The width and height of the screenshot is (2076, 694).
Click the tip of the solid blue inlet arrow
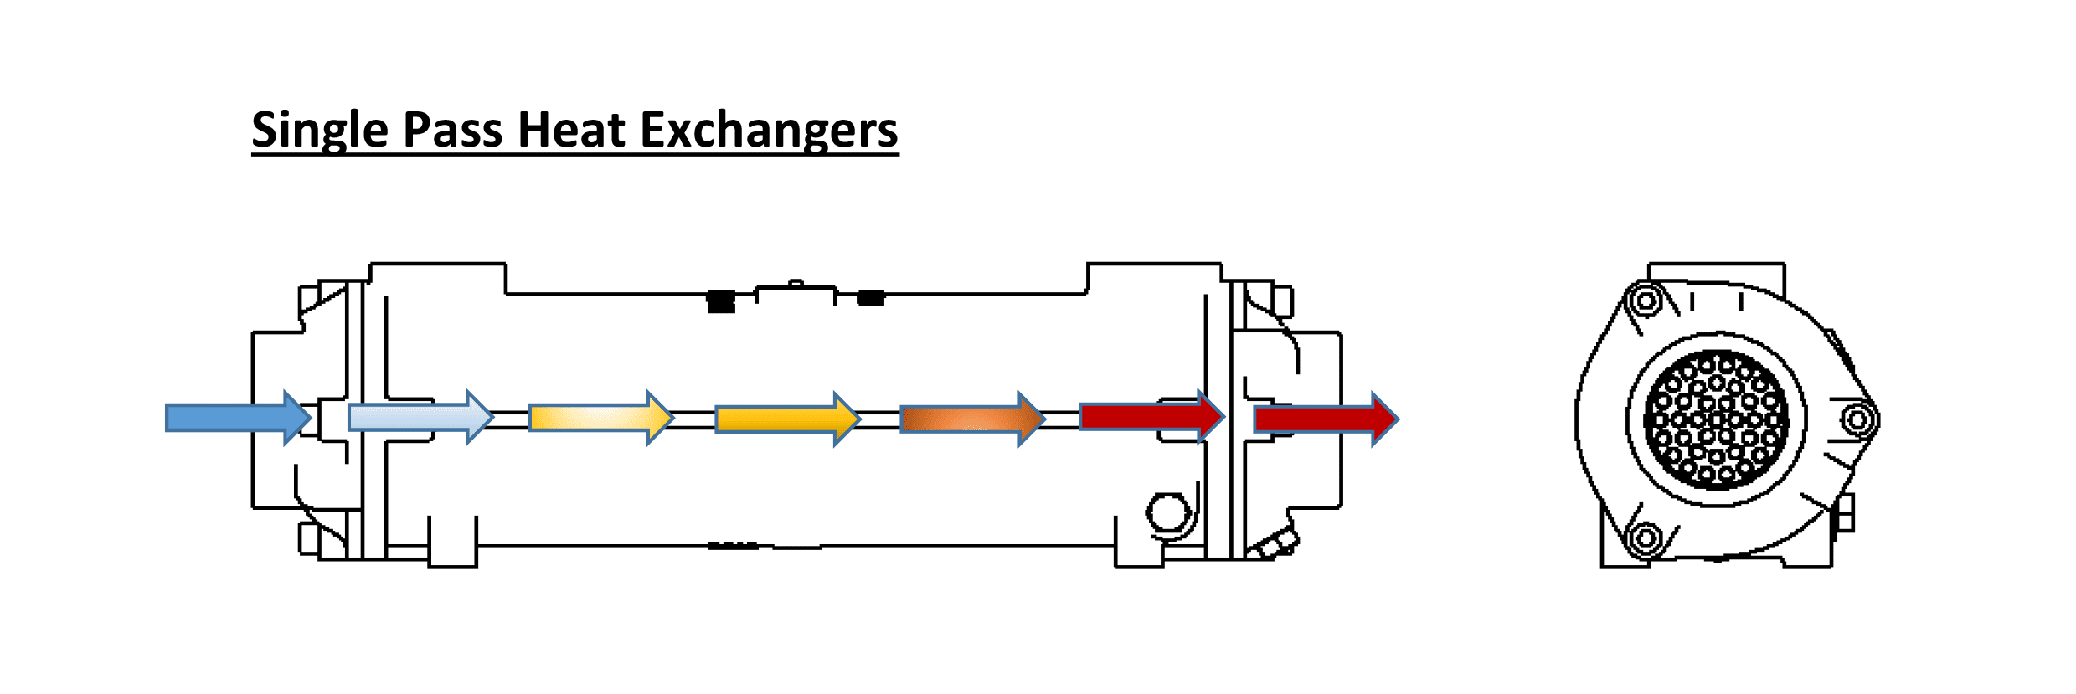(x=312, y=417)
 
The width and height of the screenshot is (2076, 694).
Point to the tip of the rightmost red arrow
(x=1398, y=418)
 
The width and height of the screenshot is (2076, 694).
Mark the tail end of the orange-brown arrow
(x=901, y=419)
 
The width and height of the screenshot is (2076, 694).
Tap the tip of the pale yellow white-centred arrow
(x=673, y=417)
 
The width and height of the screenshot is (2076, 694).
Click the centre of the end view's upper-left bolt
(x=1646, y=300)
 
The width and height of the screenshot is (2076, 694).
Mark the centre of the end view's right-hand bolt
(x=1857, y=419)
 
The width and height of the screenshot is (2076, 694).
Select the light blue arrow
(x=421, y=417)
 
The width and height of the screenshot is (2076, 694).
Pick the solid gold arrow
(x=788, y=419)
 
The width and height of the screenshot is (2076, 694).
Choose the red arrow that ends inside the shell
(x=1152, y=416)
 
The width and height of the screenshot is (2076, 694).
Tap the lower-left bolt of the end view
(x=1646, y=537)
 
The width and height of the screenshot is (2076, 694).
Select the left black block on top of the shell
(x=721, y=301)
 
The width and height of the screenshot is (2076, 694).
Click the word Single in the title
(x=320, y=131)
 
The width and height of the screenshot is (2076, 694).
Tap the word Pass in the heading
(x=453, y=131)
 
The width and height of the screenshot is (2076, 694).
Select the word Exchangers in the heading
(x=770, y=131)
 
